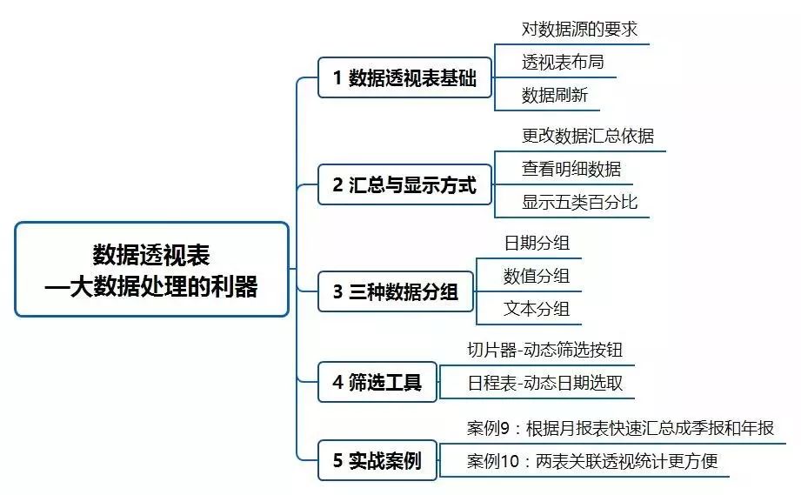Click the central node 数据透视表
(151, 270)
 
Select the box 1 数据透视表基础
(404, 78)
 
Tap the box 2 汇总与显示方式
(404, 185)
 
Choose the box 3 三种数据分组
(396, 291)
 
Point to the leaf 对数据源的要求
(579, 30)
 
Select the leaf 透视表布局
(562, 62)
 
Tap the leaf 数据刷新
(554, 95)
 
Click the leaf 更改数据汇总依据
(588, 136)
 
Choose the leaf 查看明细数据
(571, 169)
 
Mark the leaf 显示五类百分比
(579, 202)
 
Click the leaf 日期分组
(537, 243)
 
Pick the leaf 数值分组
(537, 276)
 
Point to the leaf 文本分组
(537, 309)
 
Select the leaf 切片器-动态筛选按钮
(544, 350)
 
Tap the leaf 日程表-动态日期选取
(544, 383)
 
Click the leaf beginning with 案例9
(619, 428)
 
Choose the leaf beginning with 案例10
(592, 460)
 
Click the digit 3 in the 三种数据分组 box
(337, 292)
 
